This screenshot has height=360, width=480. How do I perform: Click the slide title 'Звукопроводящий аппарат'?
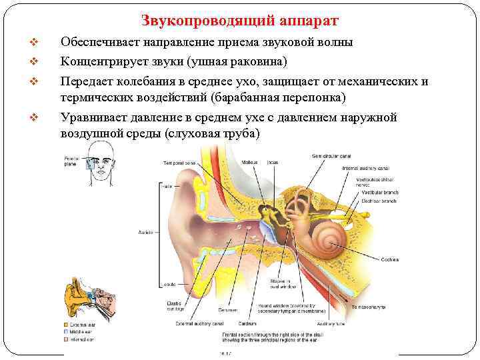pos(240,21)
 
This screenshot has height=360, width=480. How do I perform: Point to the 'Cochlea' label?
pos(390,259)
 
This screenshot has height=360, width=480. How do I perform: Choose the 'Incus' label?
pos(272,162)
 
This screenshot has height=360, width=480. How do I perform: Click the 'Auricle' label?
pos(145,232)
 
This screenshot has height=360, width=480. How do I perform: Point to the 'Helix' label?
pos(165,186)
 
